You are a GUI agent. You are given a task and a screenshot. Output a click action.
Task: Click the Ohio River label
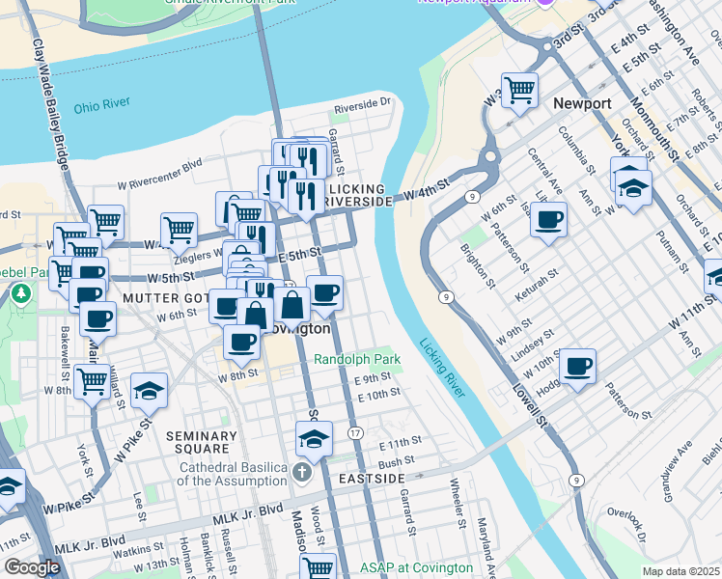(x=99, y=105)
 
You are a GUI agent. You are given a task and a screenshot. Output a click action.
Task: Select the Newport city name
(x=582, y=103)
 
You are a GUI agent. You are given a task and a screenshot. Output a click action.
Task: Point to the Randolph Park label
(x=356, y=359)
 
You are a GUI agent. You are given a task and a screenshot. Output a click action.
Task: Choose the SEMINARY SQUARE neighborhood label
(x=201, y=442)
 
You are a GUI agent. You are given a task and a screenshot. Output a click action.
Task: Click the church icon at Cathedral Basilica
(x=302, y=473)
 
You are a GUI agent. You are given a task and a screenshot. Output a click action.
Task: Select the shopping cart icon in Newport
(x=519, y=90)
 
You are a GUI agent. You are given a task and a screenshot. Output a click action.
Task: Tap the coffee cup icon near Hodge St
(x=577, y=367)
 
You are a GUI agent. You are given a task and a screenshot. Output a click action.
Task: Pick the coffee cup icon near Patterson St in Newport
(x=548, y=219)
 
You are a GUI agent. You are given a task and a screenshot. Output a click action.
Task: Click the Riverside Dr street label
(x=362, y=101)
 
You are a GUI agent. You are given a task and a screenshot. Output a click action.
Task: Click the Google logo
(x=32, y=567)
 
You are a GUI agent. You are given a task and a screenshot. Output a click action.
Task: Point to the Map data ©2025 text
(x=680, y=571)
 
